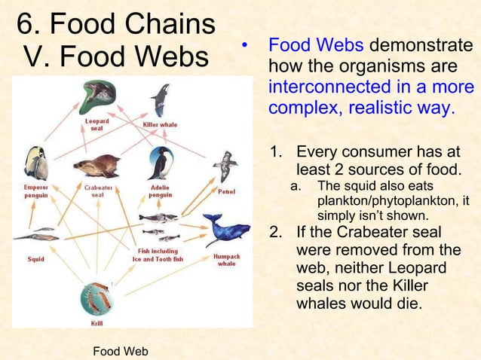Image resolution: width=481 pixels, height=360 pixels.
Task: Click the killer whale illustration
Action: (x=160, y=100)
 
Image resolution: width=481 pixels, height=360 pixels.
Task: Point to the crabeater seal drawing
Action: (x=97, y=165)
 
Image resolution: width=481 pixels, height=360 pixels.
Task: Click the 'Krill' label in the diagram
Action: (x=97, y=322)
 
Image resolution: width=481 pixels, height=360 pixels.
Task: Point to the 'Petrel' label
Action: (x=226, y=191)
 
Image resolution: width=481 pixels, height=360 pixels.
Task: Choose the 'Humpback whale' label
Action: (x=226, y=260)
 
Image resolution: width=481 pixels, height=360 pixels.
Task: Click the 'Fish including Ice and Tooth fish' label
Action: (x=158, y=255)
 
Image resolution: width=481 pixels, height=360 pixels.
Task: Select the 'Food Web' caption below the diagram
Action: (x=120, y=351)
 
